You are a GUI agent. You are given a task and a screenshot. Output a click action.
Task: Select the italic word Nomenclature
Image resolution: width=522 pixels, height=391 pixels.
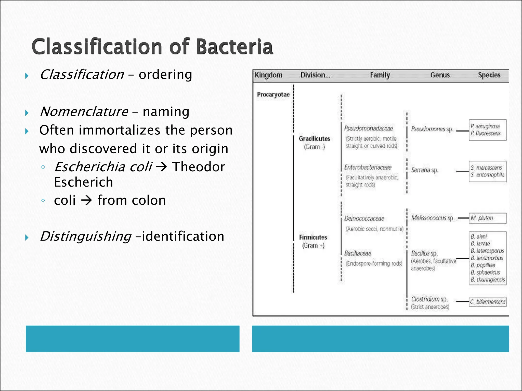[x=84, y=111]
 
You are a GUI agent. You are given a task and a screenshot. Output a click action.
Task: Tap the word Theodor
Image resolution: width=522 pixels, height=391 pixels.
[x=199, y=167]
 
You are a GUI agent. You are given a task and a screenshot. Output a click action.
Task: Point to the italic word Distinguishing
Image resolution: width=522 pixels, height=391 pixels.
[x=86, y=236]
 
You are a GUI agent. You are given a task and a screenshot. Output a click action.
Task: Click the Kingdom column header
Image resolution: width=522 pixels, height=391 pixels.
[x=268, y=75]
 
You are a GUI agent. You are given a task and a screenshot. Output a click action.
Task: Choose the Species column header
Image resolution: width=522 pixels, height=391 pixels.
[x=489, y=75]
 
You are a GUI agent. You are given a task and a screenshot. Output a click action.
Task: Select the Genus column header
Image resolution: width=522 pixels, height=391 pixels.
[x=440, y=75]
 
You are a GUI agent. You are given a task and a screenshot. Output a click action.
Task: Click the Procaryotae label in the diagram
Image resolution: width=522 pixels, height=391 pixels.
[x=273, y=95]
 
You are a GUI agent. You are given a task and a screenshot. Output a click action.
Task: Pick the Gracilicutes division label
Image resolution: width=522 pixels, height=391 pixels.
[x=314, y=139]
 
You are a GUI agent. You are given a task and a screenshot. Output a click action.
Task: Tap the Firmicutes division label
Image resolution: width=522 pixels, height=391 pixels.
[x=313, y=238]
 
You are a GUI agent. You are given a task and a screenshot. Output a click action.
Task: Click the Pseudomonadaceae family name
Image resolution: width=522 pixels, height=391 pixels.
[x=368, y=129]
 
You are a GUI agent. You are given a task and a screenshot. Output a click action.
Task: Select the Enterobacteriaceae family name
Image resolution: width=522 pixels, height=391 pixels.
[x=368, y=167]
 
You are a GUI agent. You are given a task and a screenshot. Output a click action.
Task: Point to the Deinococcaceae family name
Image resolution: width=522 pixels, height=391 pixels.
[x=364, y=219]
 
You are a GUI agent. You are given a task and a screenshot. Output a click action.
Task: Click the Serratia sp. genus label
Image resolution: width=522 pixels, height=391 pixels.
[x=425, y=170]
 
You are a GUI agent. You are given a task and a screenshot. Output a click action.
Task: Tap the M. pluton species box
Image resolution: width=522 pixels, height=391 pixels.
[x=487, y=218]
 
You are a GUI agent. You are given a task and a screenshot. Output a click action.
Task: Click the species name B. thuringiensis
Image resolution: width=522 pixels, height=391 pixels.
[x=488, y=280]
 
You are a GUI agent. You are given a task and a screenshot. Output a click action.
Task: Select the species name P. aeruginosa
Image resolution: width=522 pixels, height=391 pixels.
[x=485, y=126]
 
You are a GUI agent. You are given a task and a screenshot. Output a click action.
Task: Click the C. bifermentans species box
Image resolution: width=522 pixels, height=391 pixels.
[x=488, y=302]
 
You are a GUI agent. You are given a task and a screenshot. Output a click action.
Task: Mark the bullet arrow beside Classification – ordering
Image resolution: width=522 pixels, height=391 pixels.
[x=27, y=76]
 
